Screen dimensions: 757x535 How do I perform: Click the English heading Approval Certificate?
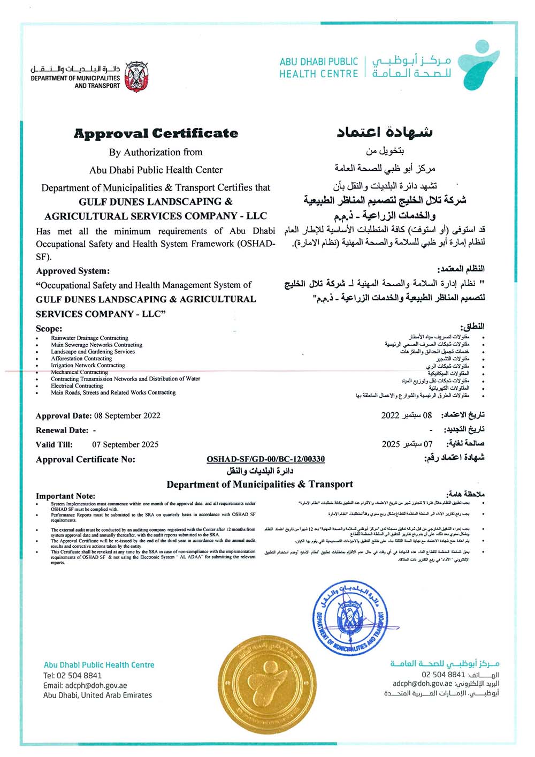click(156, 133)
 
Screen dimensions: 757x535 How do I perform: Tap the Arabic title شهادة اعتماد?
click(385, 132)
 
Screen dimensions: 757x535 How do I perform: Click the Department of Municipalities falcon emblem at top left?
click(136, 77)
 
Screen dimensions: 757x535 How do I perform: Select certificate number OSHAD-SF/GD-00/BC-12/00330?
click(265, 459)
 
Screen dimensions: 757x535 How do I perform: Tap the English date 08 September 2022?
click(127, 415)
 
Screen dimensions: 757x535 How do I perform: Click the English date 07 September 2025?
click(125, 444)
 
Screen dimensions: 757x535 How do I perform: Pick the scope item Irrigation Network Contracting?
click(88, 365)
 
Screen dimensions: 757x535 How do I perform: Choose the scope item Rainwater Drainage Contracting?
click(89, 338)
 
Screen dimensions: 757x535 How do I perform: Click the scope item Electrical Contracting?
click(77, 385)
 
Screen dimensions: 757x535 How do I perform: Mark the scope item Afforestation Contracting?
click(81, 358)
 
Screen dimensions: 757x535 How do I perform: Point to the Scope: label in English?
click(49, 328)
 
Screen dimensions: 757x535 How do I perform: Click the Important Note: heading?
click(65, 496)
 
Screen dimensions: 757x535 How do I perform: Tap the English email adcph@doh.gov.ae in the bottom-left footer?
click(85, 685)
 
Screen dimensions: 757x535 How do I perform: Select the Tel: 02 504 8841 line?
click(72, 675)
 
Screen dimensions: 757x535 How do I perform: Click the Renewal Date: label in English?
click(62, 430)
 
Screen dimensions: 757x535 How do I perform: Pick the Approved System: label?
click(73, 271)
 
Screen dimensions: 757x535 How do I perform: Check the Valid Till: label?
click(54, 444)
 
